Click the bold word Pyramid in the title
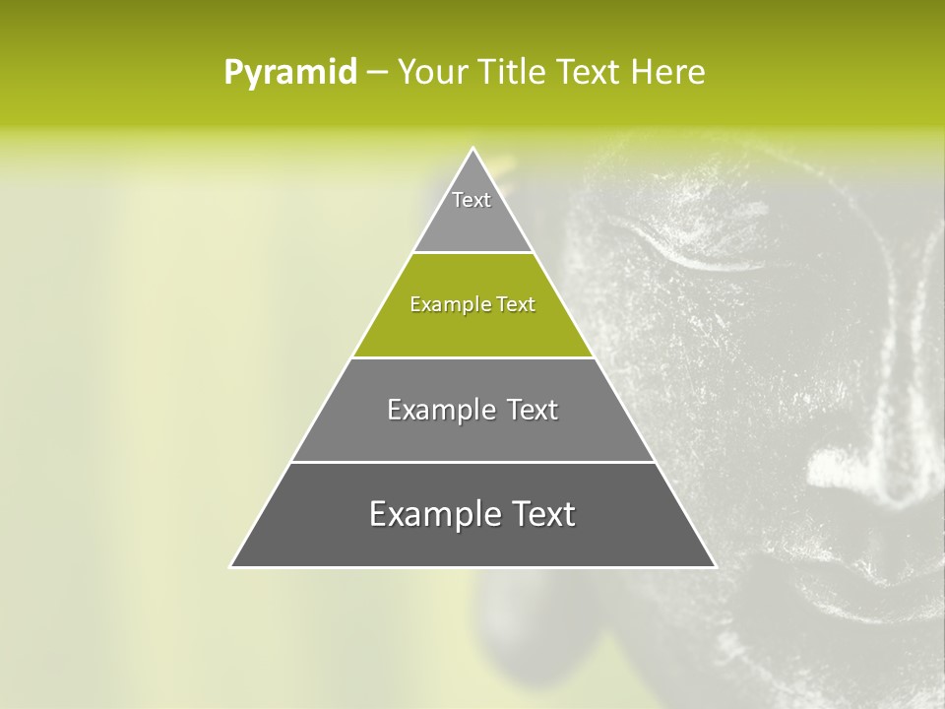point(289,73)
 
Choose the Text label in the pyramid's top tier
point(472,200)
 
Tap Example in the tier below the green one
point(432,410)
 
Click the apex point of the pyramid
point(472,149)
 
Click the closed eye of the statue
point(704,258)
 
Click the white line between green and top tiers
point(472,253)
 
